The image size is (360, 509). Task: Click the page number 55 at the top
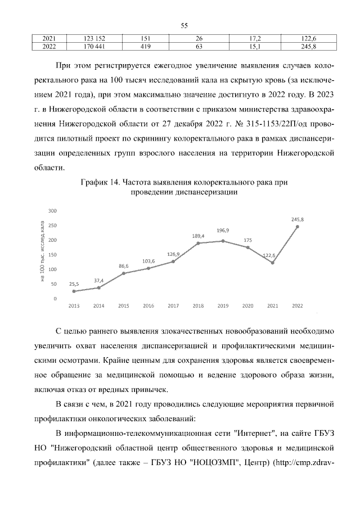coord(184,25)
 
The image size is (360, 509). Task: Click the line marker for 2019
coord(223,241)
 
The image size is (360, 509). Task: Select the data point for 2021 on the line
coord(272,263)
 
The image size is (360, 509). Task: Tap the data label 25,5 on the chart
coord(74,284)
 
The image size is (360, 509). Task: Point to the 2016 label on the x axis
coord(148,306)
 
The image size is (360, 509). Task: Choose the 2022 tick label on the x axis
coord(297,306)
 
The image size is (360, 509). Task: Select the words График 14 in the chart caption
coord(101,182)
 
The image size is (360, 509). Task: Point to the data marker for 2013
coord(74,291)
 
